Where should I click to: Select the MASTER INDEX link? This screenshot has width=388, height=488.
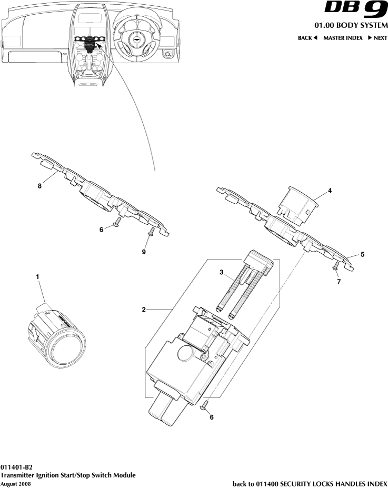point(343,38)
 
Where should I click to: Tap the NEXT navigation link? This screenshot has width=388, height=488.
point(377,38)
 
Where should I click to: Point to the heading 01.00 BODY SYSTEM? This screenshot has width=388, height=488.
point(351,26)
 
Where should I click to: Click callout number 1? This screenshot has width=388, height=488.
point(37,276)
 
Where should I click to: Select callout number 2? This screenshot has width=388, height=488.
point(144,310)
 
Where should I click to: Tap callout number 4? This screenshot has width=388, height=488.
point(330,192)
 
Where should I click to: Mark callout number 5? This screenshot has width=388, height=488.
point(362,254)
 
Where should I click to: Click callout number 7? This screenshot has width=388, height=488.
point(339,282)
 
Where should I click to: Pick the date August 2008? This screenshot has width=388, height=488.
point(16,483)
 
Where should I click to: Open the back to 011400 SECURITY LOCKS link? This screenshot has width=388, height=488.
point(310,483)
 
